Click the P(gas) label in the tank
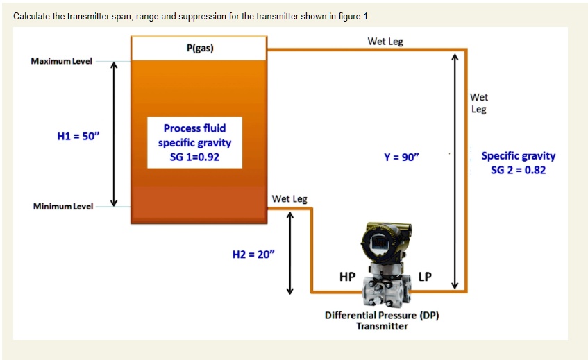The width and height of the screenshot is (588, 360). tap(200, 49)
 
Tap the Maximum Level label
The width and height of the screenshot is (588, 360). tap(61, 61)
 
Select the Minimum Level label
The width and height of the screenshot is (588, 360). tap(62, 207)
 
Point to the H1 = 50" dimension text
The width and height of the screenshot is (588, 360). tap(78, 135)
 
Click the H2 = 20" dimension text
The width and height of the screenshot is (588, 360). tap(253, 254)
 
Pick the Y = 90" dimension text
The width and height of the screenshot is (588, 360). tap(401, 156)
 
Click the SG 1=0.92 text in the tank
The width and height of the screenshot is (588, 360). tap(194, 157)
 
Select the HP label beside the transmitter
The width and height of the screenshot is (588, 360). tap(347, 277)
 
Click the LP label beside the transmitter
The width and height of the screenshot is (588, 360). tap(425, 277)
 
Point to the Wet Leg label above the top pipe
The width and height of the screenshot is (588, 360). tap(385, 42)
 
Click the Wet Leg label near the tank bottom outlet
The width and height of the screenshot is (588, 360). tap(289, 199)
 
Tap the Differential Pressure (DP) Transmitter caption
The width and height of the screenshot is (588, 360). tap(382, 320)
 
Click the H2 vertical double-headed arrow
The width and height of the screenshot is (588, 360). tap(291, 252)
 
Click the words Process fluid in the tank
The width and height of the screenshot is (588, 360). tap(194, 128)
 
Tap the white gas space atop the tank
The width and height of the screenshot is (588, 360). tap(167, 49)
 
